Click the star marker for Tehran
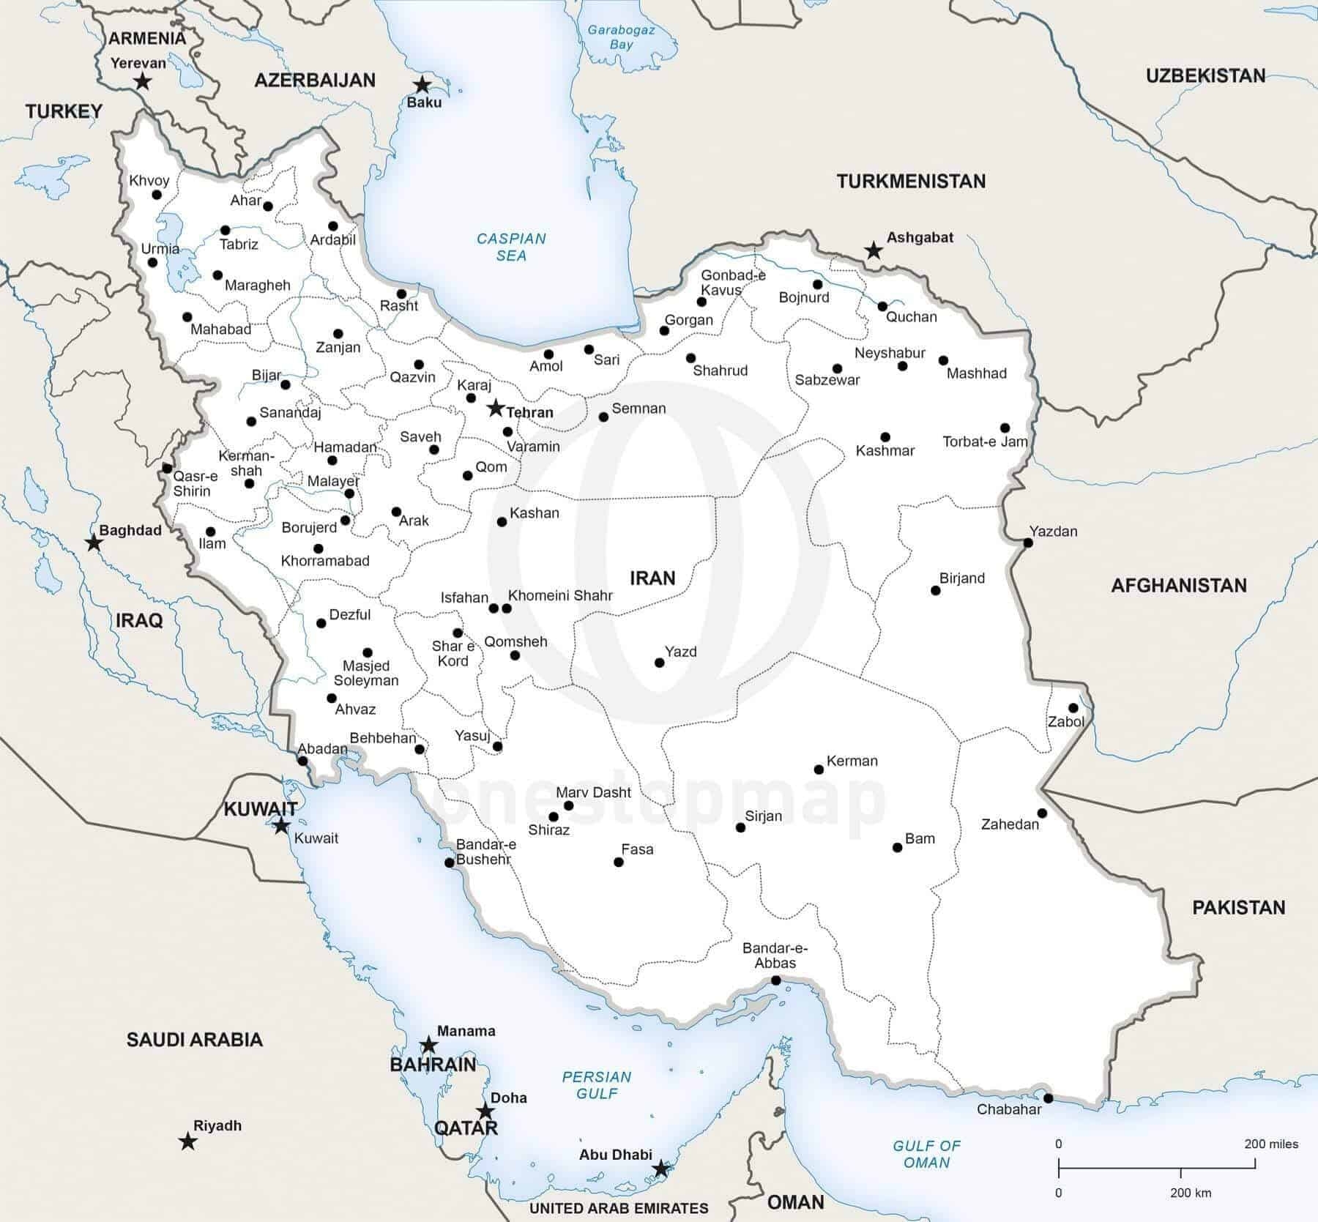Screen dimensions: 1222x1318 click(496, 408)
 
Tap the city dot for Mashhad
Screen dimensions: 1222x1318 click(943, 361)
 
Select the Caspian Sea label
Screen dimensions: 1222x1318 click(511, 247)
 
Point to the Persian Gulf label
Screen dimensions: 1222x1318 click(596, 1085)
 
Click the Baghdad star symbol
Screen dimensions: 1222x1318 click(94, 543)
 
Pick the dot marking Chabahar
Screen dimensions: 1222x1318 click(1049, 1098)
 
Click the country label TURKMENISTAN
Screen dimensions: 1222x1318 click(911, 181)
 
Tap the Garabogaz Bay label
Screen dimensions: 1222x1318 click(622, 37)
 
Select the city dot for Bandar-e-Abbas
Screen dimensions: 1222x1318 click(775, 980)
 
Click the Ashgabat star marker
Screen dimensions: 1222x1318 click(873, 251)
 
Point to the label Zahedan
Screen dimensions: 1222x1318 click(1010, 824)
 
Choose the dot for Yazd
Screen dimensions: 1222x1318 click(659, 663)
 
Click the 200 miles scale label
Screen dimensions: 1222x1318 click(1271, 1144)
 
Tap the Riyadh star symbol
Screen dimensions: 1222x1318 click(188, 1141)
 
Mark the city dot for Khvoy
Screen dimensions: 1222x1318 click(157, 195)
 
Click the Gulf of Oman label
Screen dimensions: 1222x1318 click(926, 1154)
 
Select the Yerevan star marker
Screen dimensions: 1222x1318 click(143, 81)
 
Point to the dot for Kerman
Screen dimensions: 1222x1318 click(819, 770)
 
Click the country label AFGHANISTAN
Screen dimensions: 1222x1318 click(1178, 585)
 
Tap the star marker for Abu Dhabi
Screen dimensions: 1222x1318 click(660, 1169)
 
